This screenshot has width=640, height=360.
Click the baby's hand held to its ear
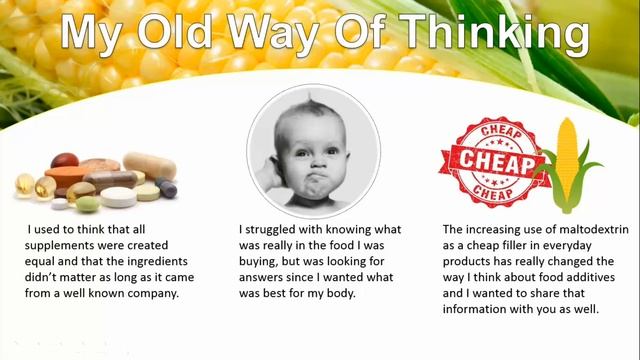(x=268, y=170)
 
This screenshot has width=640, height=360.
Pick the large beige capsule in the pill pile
(x=149, y=164)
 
